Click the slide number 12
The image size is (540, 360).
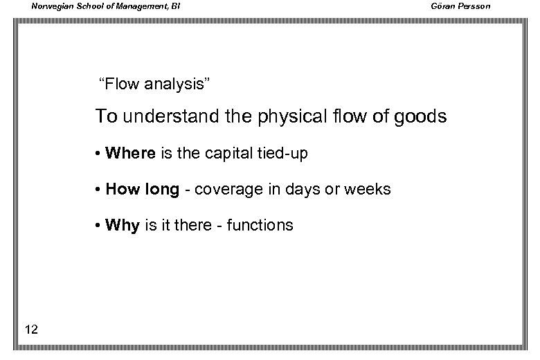30,329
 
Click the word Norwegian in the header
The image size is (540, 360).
50,7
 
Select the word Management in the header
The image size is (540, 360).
138,7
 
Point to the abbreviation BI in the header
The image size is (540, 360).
175,7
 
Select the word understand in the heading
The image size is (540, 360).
163,116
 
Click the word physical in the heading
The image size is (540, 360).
285,116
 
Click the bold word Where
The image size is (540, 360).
130,154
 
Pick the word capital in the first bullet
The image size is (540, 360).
228,154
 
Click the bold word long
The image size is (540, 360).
161,190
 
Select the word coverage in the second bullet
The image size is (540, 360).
226,190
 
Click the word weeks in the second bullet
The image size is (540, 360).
368,190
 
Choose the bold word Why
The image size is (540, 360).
123,226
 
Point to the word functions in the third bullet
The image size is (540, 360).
261,226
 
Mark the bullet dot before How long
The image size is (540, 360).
100,190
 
